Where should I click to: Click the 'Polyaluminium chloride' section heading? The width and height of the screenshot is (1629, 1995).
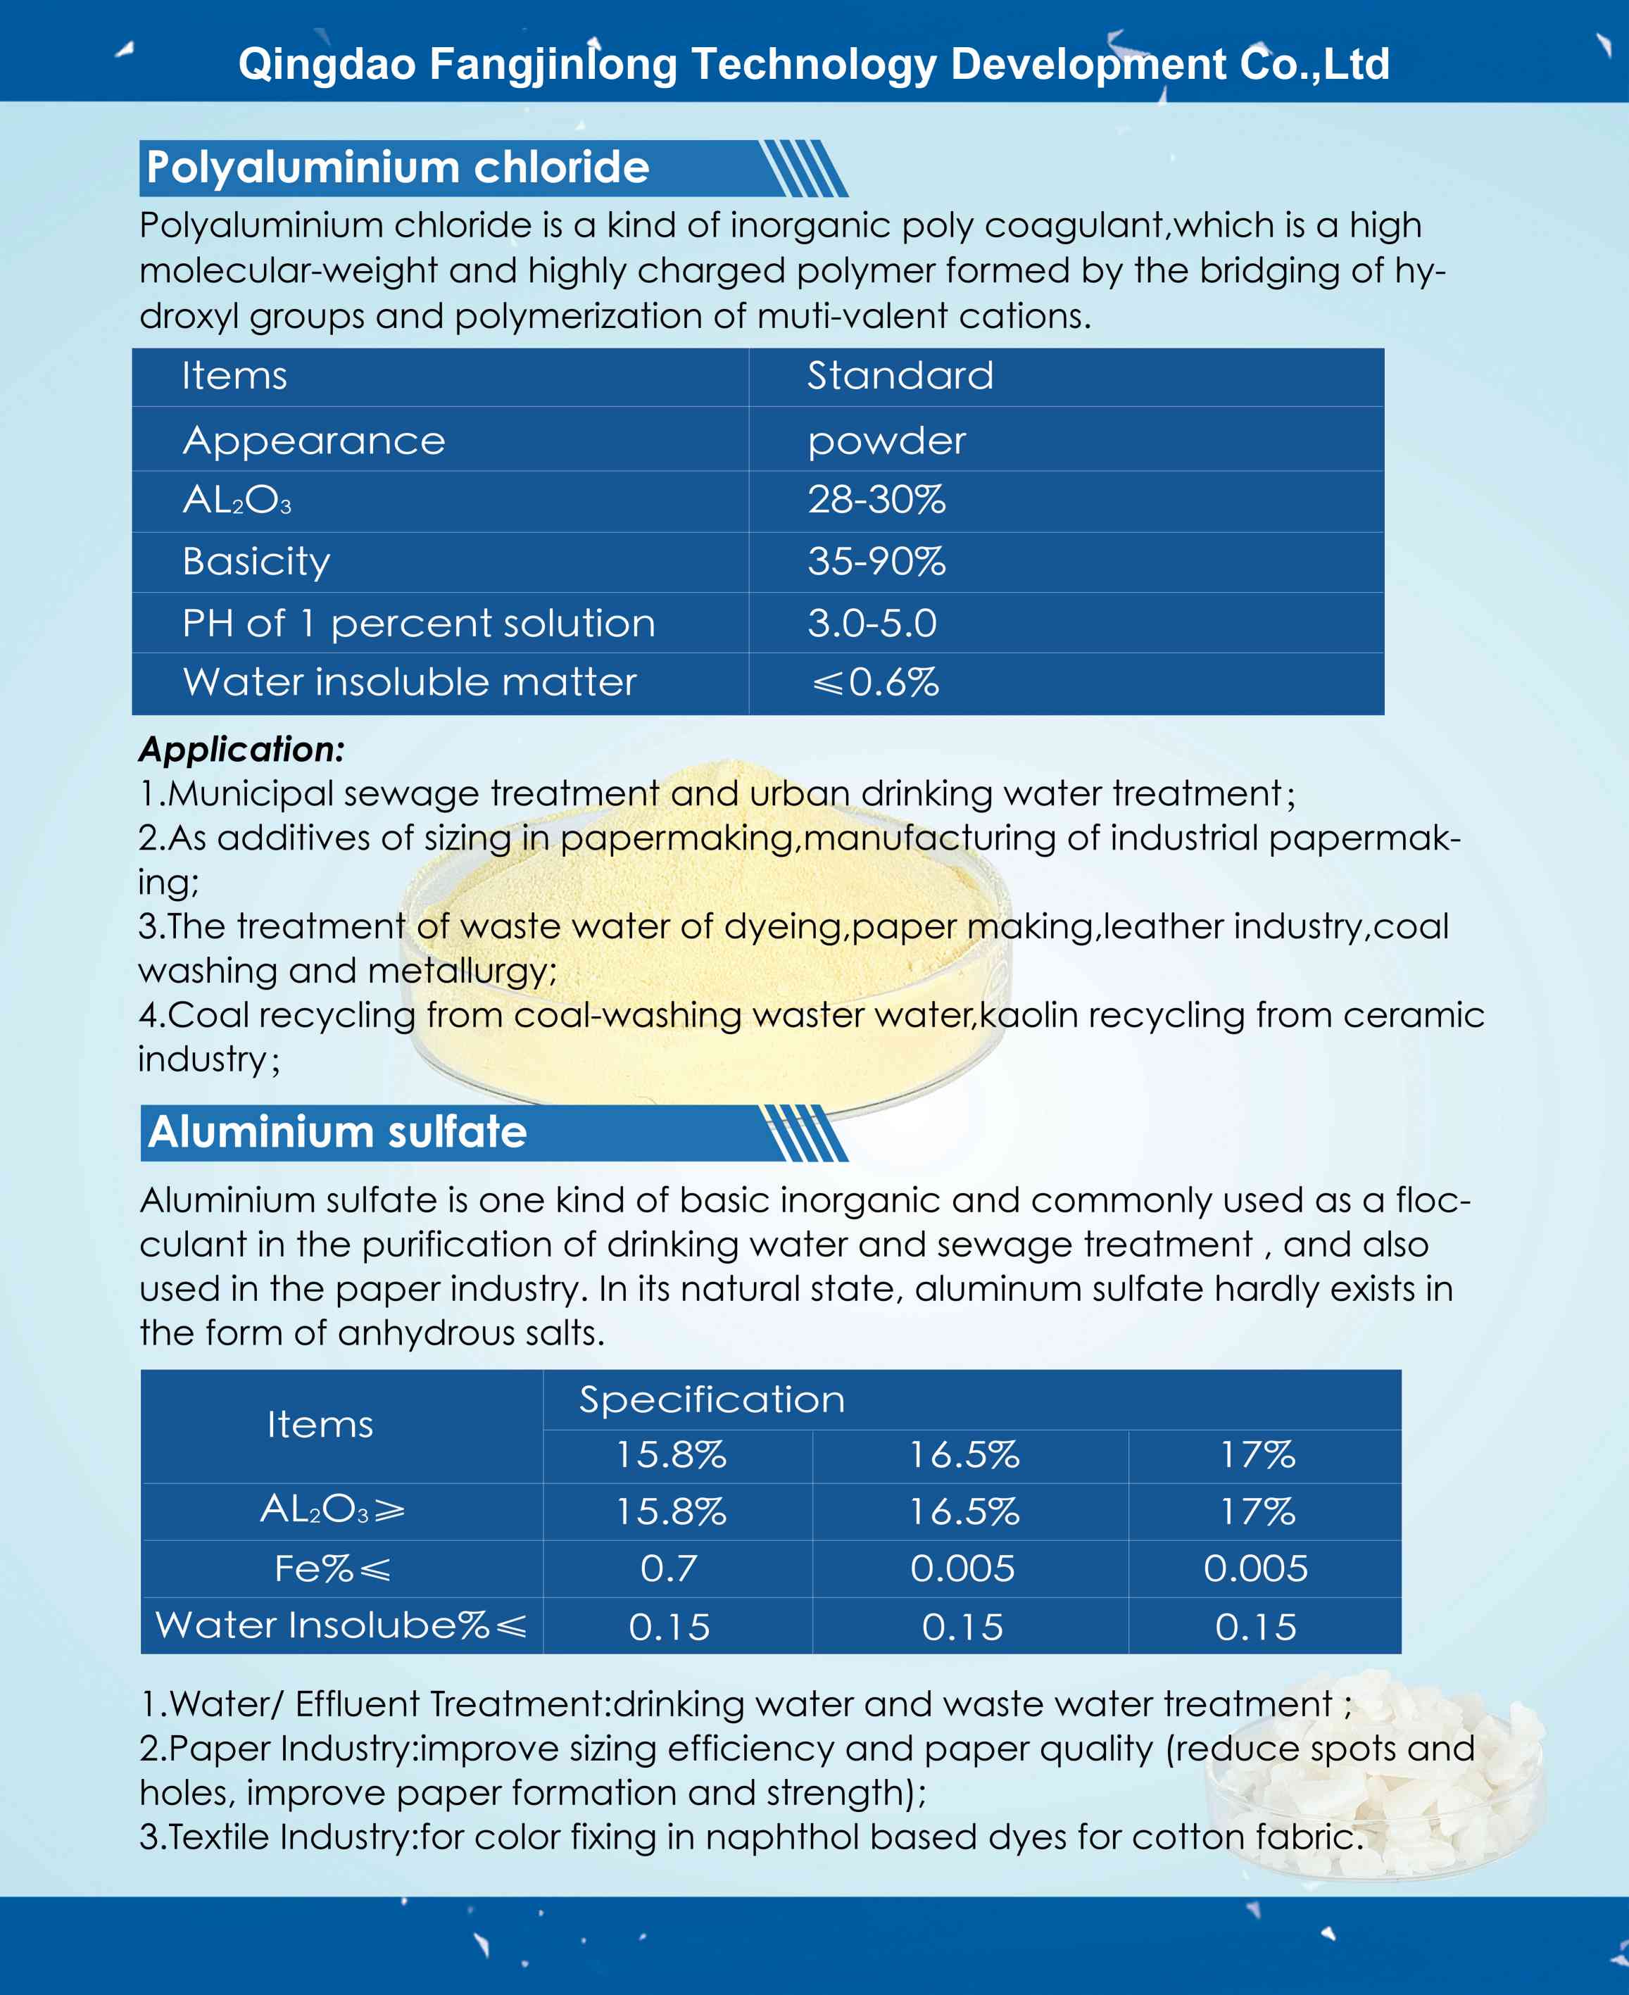398,168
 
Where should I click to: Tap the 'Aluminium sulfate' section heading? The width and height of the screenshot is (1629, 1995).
338,1132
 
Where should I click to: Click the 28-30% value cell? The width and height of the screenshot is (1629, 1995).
876,500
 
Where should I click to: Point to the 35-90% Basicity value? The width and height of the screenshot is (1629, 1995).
876,561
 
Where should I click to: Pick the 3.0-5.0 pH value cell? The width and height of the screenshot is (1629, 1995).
872,623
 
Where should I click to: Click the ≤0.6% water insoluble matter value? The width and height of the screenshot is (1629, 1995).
874,682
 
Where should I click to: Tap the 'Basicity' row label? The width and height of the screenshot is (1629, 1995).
256,561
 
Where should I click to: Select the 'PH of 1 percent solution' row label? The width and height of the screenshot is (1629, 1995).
418,623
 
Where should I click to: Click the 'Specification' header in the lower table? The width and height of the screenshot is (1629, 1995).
711,1399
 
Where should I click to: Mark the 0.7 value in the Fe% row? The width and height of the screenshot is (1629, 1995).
669,1568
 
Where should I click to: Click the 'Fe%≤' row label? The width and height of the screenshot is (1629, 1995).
332,1568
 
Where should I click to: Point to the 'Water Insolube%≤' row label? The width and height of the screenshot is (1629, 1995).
341,1625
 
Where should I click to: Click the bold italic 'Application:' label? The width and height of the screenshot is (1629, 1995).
242,749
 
